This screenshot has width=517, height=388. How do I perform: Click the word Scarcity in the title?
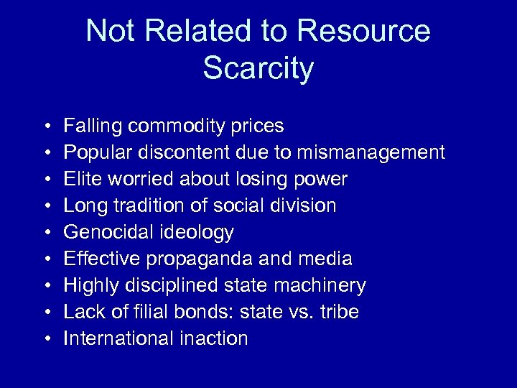pyautogui.click(x=258, y=68)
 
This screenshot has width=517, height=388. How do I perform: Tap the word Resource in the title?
pyautogui.click(x=363, y=31)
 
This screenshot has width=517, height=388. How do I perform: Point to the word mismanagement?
pyautogui.click(x=372, y=152)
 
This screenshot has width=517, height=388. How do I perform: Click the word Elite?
pyautogui.click(x=79, y=179)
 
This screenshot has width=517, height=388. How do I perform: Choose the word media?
pyautogui.click(x=326, y=259)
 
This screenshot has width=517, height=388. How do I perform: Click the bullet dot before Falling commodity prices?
pyautogui.click(x=45, y=127)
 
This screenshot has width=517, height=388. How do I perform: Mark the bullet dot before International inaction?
pyautogui.click(x=45, y=339)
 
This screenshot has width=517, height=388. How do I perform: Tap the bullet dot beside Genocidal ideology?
pyautogui.click(x=45, y=233)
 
